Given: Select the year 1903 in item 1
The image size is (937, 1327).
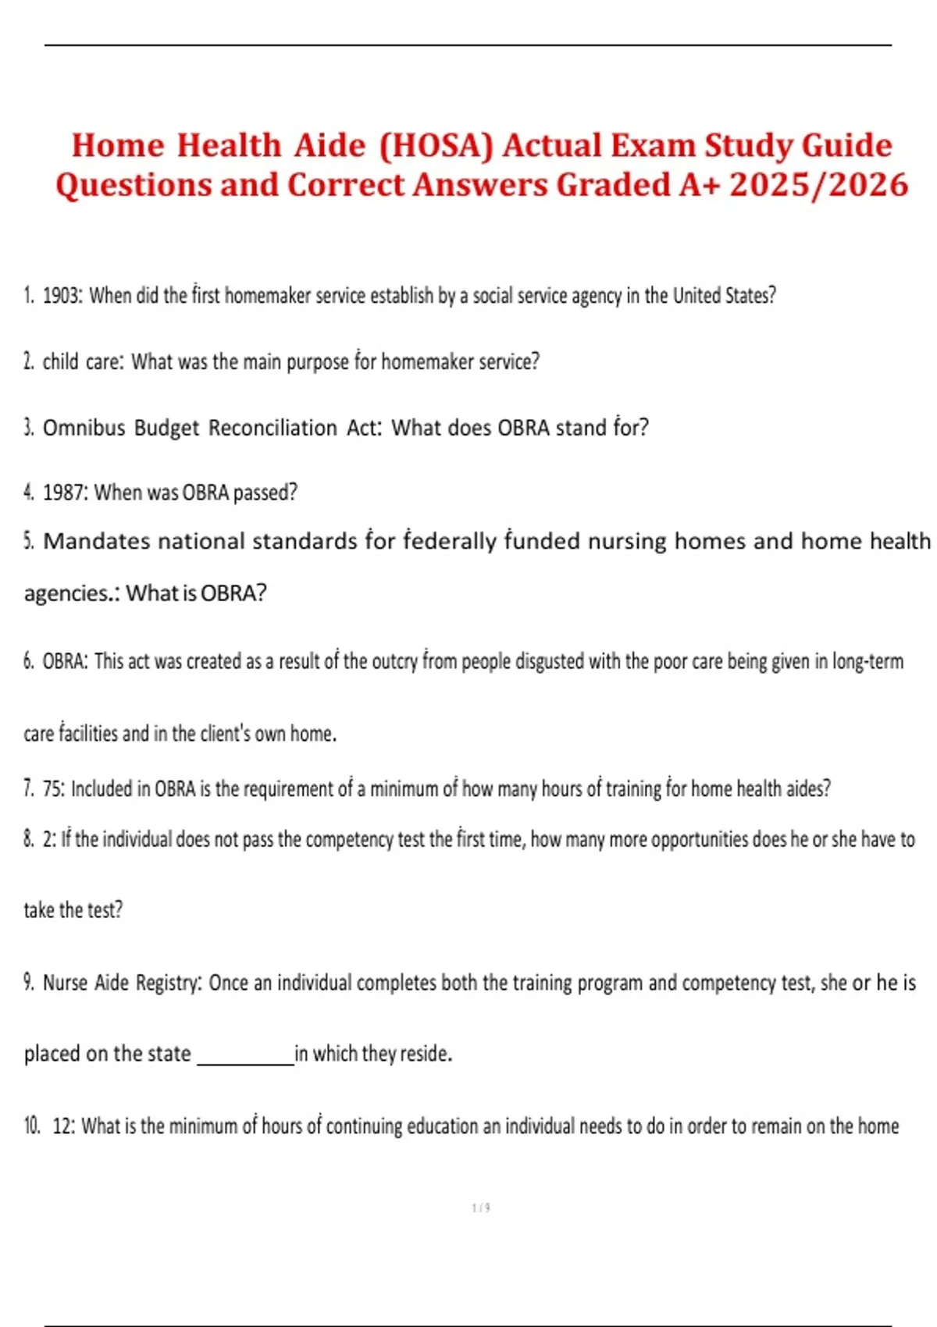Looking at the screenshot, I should click(x=61, y=296).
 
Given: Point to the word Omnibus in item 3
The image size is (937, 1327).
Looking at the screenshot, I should click(x=84, y=428).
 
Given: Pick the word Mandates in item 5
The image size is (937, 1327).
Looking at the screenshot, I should click(x=96, y=541).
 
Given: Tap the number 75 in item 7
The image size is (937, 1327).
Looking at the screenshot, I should click(x=53, y=789).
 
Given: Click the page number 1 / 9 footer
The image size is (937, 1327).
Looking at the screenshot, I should click(x=481, y=1208).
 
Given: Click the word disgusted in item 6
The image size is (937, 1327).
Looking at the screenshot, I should click(x=550, y=662).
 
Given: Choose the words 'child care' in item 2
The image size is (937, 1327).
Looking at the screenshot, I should click(x=82, y=362).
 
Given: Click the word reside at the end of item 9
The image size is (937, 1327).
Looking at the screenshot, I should click(x=425, y=1054).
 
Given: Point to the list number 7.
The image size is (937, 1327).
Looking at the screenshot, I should click(x=29, y=789).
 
